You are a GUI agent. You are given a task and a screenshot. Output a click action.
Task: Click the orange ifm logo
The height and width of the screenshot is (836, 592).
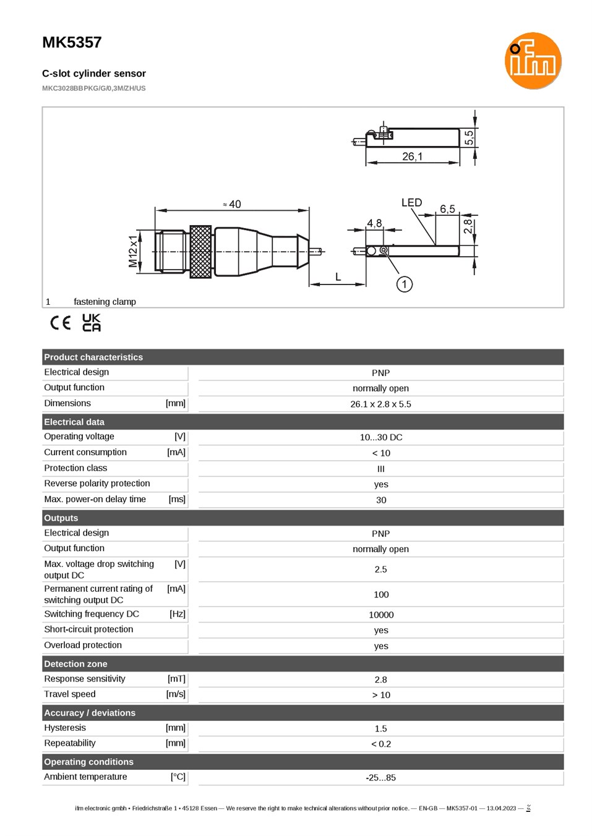tap(533, 61)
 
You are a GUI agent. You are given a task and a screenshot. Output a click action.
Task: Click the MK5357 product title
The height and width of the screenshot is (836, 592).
tap(72, 43)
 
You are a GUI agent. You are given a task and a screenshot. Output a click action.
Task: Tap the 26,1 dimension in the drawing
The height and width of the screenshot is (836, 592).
tap(412, 156)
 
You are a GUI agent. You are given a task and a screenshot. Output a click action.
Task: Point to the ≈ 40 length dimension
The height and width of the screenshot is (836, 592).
tap(232, 204)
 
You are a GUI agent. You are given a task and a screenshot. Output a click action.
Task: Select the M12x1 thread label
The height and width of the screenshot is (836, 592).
tap(132, 251)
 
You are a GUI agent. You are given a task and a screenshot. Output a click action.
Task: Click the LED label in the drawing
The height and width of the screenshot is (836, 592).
tap(411, 203)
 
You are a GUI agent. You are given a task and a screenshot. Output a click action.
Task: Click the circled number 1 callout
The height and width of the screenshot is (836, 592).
tap(404, 284)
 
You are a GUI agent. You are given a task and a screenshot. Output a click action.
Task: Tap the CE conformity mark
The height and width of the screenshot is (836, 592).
tap(61, 323)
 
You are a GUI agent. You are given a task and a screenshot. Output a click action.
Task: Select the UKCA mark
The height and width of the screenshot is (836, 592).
tap(92, 322)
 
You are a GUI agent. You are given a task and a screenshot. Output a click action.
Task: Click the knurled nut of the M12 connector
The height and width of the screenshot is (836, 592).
tap(200, 252)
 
